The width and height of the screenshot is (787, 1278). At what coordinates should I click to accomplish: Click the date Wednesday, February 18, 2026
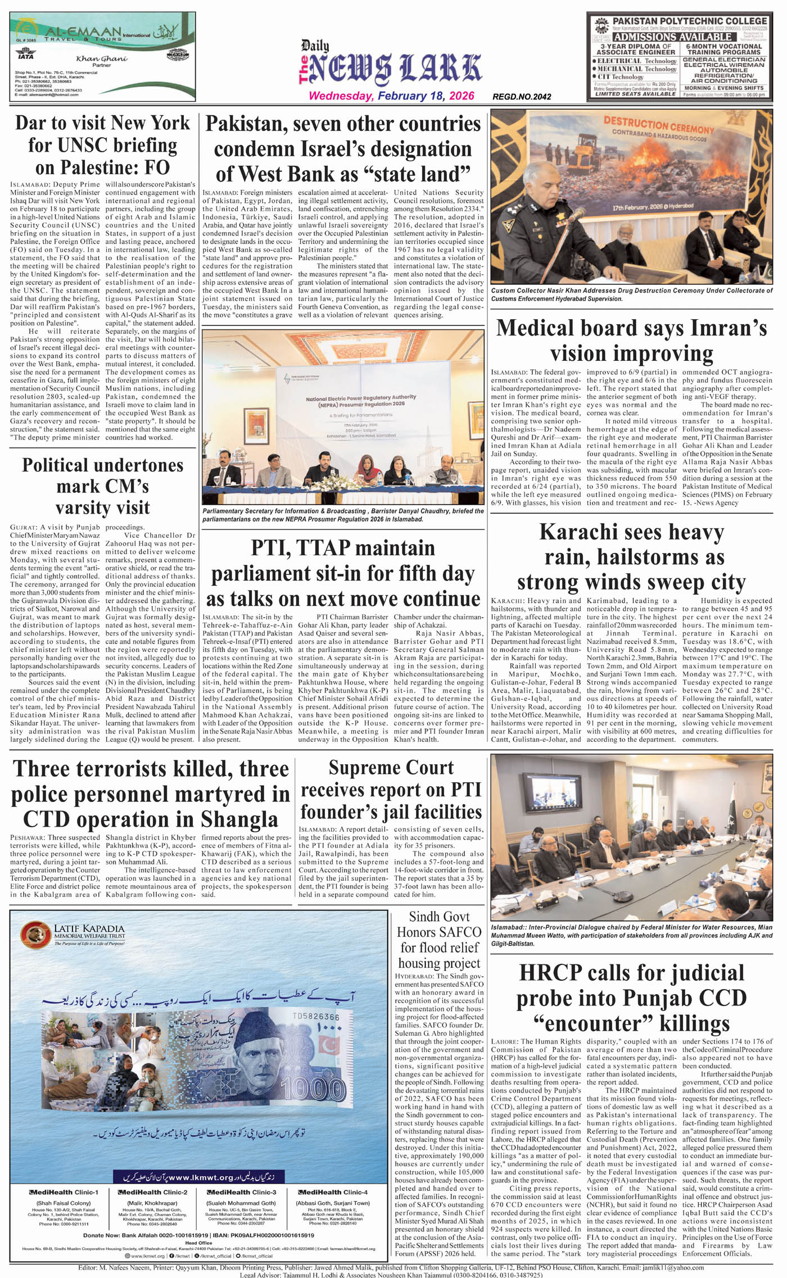[x=391, y=96]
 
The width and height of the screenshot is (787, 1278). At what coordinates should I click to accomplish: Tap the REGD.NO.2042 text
[x=521, y=97]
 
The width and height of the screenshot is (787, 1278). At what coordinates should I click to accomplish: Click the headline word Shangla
[x=236, y=819]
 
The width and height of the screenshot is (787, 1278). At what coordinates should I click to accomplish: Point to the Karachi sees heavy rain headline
[x=631, y=556]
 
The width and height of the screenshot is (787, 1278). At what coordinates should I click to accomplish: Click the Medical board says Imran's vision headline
[x=631, y=341]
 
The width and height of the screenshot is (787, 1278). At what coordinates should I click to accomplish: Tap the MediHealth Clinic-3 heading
[x=242, y=1192]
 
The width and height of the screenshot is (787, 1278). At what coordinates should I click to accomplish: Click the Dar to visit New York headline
[x=103, y=145]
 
